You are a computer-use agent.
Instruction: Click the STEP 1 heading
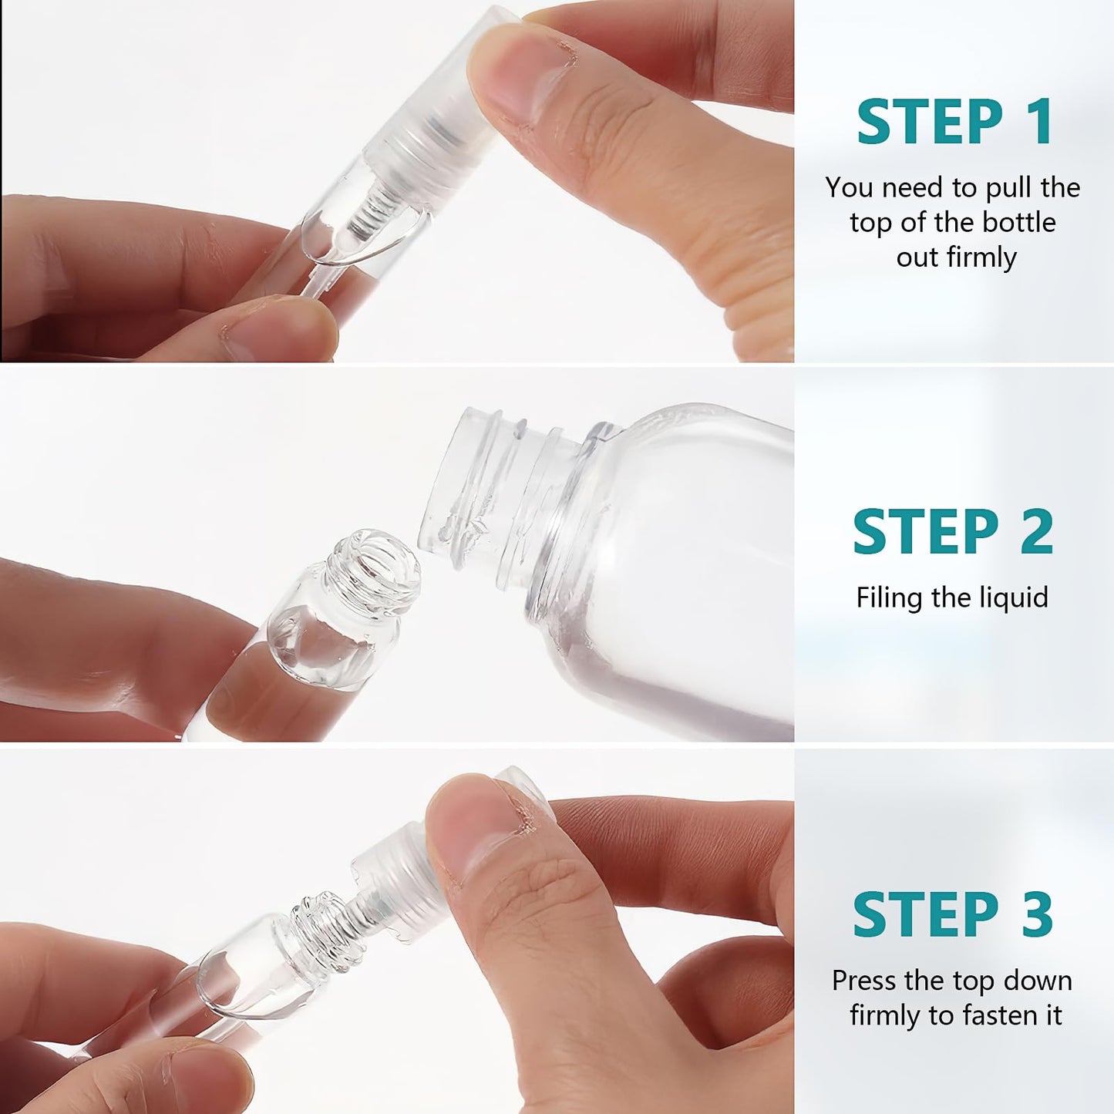[x=954, y=122]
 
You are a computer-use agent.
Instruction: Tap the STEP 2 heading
[x=953, y=532]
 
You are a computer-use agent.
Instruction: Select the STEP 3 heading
[x=953, y=914]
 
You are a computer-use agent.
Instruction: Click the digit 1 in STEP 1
[x=1039, y=122]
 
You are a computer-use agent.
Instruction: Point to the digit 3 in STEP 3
[x=1038, y=914]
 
